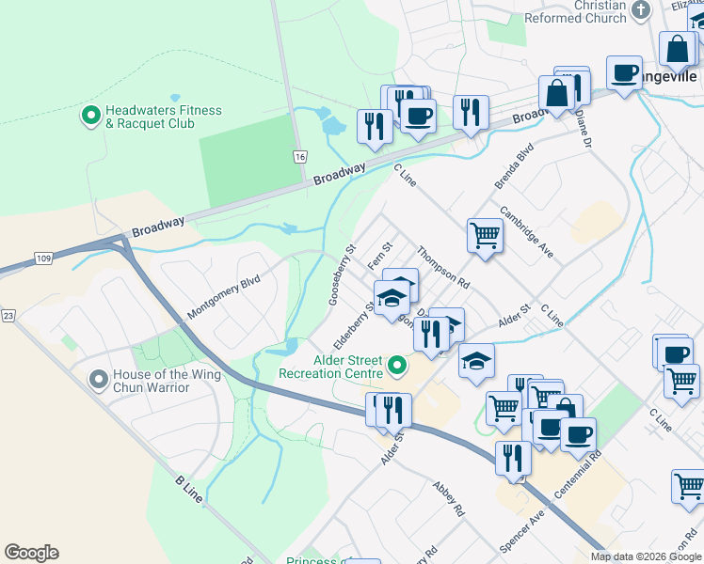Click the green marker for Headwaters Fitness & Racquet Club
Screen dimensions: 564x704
click(x=91, y=117)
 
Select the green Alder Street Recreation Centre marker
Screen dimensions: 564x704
click(x=397, y=366)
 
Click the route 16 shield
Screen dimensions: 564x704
click(x=299, y=156)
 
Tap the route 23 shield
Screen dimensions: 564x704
click(x=8, y=316)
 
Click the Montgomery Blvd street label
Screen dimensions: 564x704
click(x=223, y=297)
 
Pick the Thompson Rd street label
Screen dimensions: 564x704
click(x=443, y=267)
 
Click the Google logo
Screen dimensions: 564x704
click(x=31, y=553)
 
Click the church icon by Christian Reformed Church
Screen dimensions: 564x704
click(x=641, y=10)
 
